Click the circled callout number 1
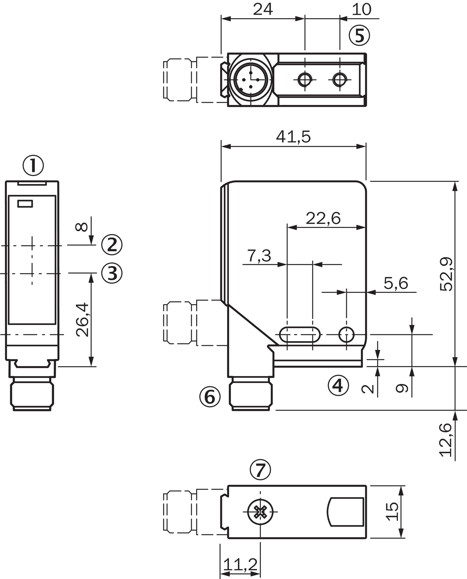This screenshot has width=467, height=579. [x=33, y=165]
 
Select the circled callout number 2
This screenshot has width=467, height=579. [x=112, y=245]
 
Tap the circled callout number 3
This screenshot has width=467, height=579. [x=112, y=273]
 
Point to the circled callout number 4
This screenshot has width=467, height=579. [x=338, y=386]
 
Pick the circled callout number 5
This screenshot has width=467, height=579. [x=359, y=35]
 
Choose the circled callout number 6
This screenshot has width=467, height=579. [x=210, y=397]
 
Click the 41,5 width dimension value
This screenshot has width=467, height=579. [x=293, y=137]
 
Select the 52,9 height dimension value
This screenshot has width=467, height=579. [x=446, y=274]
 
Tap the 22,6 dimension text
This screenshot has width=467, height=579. [x=323, y=218]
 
